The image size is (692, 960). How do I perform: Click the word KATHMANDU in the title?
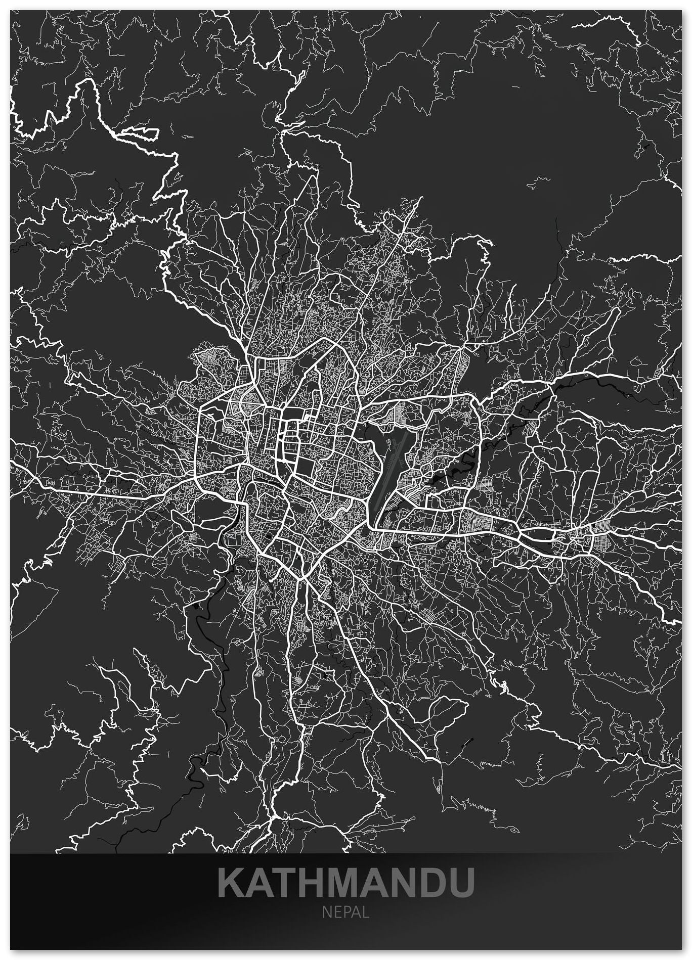(346, 882)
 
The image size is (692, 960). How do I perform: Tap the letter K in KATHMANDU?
(231, 882)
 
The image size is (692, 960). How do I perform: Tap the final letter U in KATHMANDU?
(461, 882)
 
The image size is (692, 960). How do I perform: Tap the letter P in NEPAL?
(345, 912)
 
